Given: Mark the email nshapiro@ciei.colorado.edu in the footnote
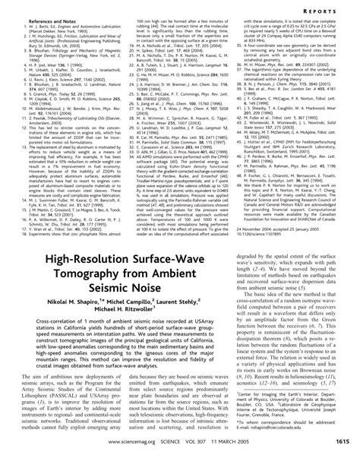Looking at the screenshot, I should click(x=292, y=428).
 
